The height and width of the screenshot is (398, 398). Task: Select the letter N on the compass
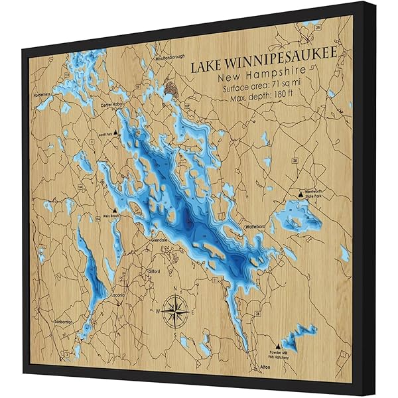tap(174, 289)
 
